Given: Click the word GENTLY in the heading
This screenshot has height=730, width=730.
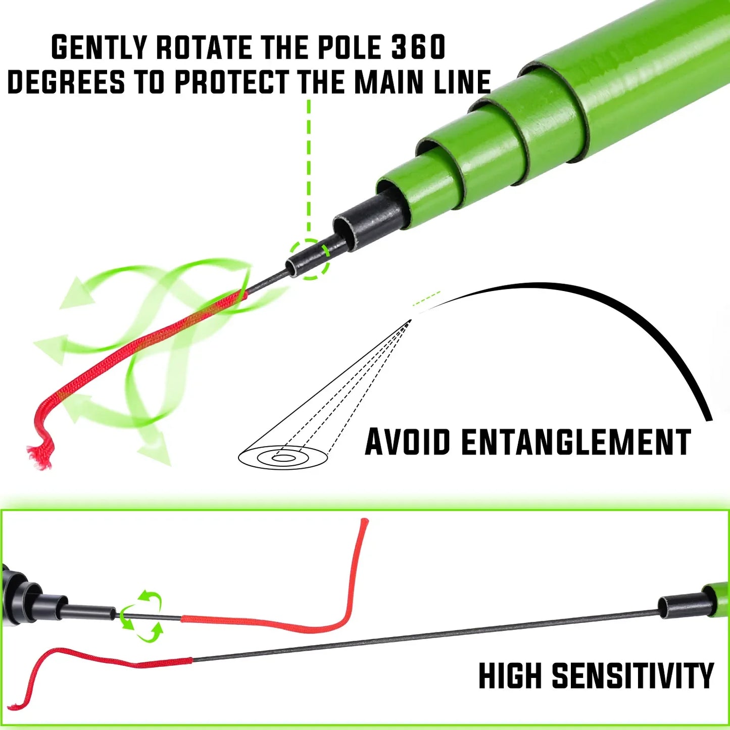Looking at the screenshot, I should (99, 47).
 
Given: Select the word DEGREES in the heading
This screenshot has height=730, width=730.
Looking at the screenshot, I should (66, 82).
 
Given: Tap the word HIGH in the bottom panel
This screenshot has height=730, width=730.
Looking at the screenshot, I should (510, 675).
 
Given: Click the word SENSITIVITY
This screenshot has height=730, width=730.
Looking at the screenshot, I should (632, 675).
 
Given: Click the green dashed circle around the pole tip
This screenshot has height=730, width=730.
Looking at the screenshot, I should (309, 259).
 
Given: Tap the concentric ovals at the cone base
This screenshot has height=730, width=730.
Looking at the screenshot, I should (283, 457).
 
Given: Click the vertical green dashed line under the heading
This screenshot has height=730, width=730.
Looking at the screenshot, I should (309, 167).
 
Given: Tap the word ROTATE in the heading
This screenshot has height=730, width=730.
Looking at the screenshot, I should (204, 47).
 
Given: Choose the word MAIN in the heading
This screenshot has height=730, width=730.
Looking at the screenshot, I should (392, 82).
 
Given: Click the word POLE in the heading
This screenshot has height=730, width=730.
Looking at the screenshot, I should (349, 47).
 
